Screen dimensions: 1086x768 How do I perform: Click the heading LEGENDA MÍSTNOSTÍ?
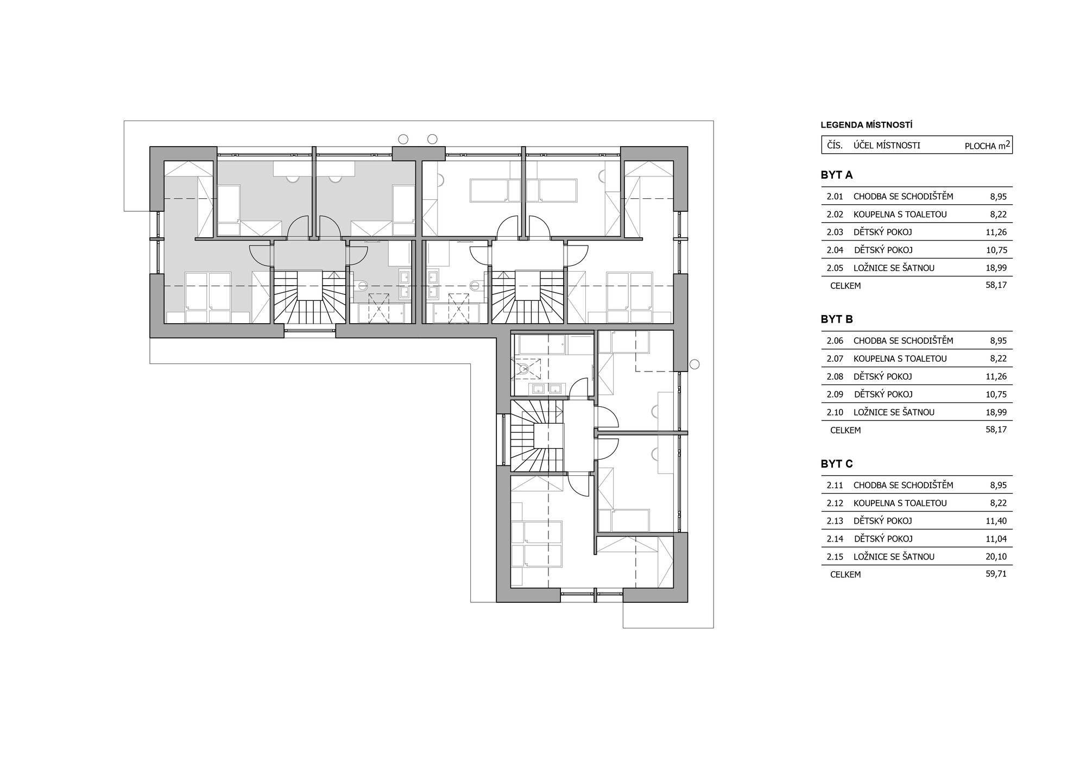866,125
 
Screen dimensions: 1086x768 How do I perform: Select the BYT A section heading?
837,175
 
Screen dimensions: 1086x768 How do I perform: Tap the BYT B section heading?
837,319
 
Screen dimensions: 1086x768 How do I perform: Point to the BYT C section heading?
837,464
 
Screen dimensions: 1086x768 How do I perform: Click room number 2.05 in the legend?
835,268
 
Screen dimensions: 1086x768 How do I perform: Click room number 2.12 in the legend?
835,503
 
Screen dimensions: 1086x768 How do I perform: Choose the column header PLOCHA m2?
987,146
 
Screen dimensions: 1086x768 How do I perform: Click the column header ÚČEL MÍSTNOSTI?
887,146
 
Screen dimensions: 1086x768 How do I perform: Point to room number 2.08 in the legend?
835,376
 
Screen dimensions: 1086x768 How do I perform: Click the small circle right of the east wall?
694,364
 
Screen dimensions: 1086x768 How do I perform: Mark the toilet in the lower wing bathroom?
524,369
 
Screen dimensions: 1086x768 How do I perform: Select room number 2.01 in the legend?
835,196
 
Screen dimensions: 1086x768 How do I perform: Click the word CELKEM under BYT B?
845,430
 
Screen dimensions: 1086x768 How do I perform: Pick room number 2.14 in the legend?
835,539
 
